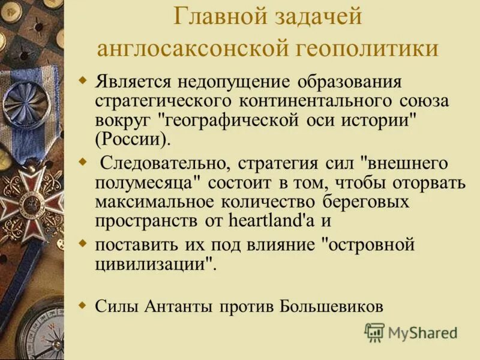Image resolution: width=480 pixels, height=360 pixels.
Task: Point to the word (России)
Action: pos(133,139)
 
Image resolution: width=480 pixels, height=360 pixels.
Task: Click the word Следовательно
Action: pos(165,164)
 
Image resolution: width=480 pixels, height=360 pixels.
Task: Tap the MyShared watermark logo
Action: pos(412,332)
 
